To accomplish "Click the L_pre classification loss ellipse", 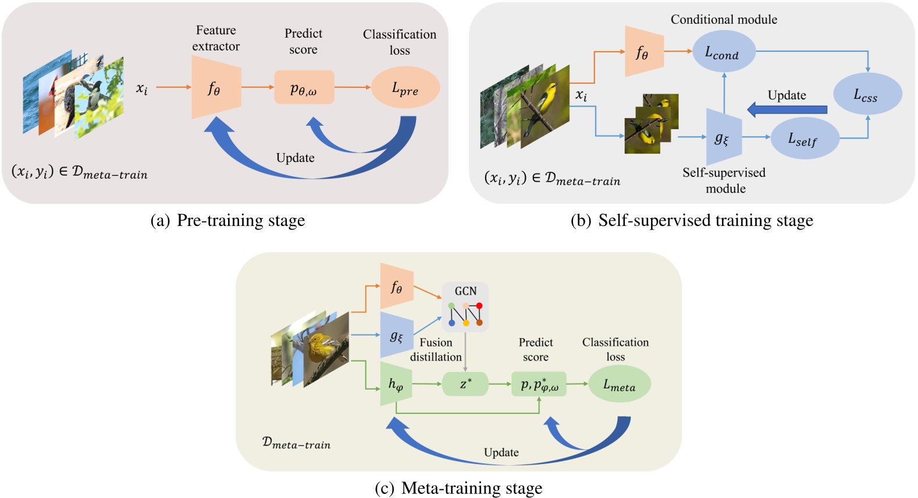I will coord(405,88).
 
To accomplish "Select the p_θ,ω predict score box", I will coord(304,88).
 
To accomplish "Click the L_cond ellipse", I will coord(723,52).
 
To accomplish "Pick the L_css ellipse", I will coord(867,94).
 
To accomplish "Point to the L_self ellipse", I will coord(804,139).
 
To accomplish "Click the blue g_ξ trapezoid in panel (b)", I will coord(723,137).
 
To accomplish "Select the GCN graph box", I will coord(465,307).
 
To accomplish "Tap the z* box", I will coord(465,384).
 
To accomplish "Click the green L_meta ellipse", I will coord(619,384).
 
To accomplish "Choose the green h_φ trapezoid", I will coord(396,384).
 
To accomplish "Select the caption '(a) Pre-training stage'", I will coord(227,221).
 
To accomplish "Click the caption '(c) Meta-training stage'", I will coord(458,488).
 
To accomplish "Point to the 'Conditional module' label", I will coord(724,19).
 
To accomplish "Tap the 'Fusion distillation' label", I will coord(436,349).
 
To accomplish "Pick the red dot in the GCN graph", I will coord(479,306).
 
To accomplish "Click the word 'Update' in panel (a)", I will coord(295,158).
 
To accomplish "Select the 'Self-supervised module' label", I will coord(724,180).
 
